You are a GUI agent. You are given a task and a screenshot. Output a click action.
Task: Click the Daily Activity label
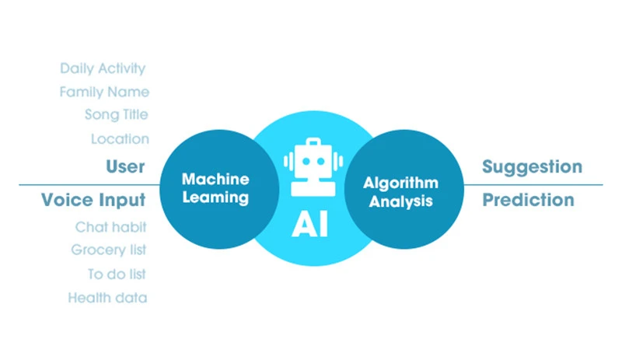coord(103,69)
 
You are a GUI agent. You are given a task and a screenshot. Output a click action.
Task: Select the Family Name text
coord(104,92)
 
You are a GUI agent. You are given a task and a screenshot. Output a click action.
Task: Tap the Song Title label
coord(117,115)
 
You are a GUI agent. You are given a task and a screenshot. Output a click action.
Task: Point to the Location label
coord(120,139)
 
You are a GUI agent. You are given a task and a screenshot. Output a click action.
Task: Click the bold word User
coord(125,166)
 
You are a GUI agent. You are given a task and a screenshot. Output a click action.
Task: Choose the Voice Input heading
coord(93,200)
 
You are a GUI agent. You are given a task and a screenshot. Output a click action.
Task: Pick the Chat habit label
coord(111,228)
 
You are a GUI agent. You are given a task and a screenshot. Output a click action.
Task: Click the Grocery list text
coord(109,250)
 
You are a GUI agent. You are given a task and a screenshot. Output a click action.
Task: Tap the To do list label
coord(117,274)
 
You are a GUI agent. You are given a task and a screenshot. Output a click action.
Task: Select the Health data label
coord(107,297)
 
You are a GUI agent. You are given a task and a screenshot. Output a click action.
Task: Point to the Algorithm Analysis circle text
coord(400,191)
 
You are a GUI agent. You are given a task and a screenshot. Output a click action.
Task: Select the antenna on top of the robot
coord(311,143)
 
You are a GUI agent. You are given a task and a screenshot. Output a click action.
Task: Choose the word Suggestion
coord(532,166)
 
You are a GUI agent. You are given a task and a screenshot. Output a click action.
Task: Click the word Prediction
coord(528,200)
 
